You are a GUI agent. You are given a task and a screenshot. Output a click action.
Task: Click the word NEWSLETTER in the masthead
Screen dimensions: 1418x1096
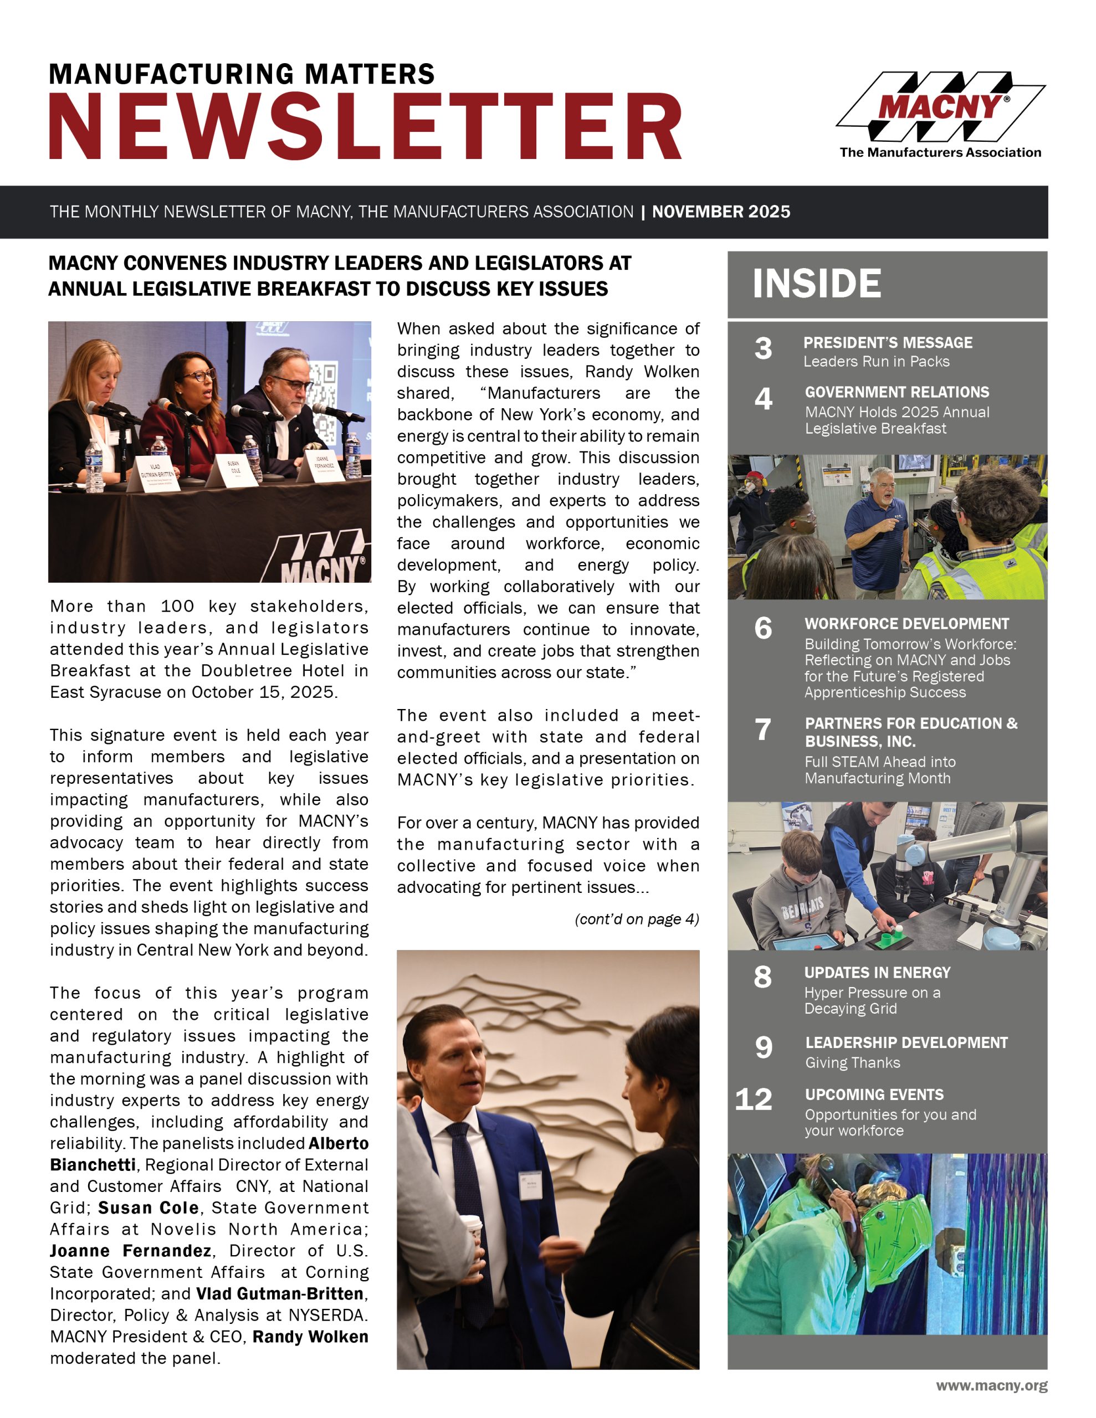tap(365, 127)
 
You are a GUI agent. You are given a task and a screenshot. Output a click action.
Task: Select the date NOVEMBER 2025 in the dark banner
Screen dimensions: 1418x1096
tap(721, 212)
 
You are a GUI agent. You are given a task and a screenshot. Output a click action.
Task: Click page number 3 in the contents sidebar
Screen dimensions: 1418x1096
tap(764, 348)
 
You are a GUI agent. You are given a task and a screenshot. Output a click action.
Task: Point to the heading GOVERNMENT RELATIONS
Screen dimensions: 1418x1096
tap(897, 392)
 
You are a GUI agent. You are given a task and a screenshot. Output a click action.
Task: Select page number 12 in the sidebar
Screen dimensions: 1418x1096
tap(754, 1099)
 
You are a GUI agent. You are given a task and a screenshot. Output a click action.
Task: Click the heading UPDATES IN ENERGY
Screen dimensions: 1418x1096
tap(877, 973)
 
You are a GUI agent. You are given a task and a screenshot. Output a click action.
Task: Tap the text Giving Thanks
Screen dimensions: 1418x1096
tap(852, 1063)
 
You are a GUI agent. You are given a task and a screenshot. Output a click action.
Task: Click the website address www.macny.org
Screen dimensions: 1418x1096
tap(991, 1385)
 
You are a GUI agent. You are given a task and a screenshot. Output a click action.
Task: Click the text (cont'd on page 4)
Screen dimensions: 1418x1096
tap(637, 919)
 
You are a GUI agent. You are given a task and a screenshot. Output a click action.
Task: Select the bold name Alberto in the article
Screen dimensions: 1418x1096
tap(339, 1143)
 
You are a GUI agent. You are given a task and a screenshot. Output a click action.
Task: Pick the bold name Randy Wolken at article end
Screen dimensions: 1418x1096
tap(310, 1337)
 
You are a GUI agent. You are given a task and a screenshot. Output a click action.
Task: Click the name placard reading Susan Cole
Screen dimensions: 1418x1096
tap(234, 468)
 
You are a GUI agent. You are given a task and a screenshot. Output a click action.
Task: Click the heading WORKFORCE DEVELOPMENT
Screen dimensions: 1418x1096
tap(906, 623)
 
